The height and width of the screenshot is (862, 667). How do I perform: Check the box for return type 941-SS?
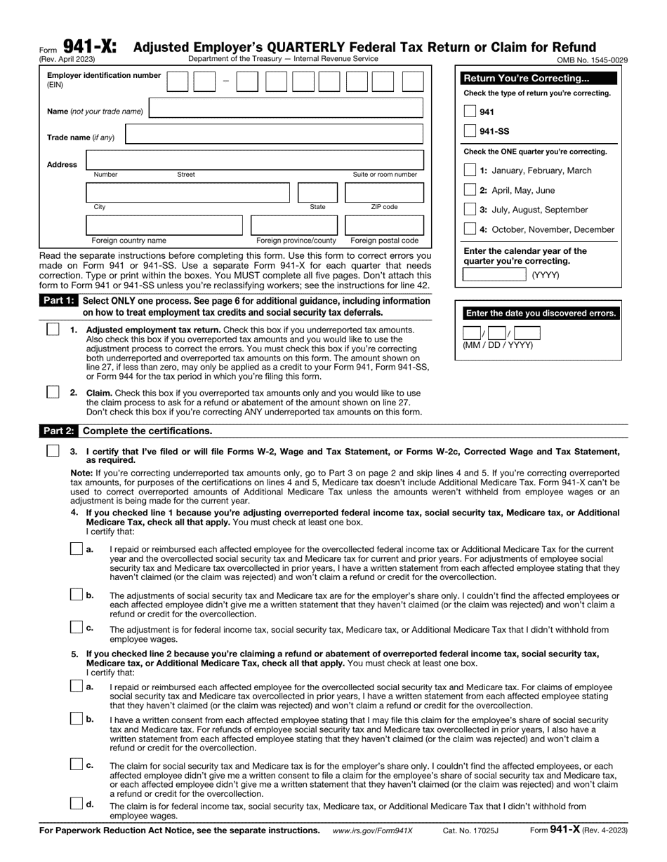click(x=470, y=131)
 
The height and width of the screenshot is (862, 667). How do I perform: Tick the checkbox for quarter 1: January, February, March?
click(x=470, y=170)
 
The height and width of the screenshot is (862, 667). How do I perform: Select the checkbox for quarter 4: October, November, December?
click(x=470, y=229)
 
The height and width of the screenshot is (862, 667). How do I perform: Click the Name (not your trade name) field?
click(x=286, y=109)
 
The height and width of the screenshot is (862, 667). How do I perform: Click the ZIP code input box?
click(x=384, y=193)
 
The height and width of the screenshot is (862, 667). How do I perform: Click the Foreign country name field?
click(x=164, y=225)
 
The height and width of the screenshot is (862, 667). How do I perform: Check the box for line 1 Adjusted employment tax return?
click(x=53, y=330)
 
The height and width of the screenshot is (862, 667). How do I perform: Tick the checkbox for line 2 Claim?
click(x=53, y=393)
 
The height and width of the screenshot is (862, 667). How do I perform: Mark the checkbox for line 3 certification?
click(x=53, y=451)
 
